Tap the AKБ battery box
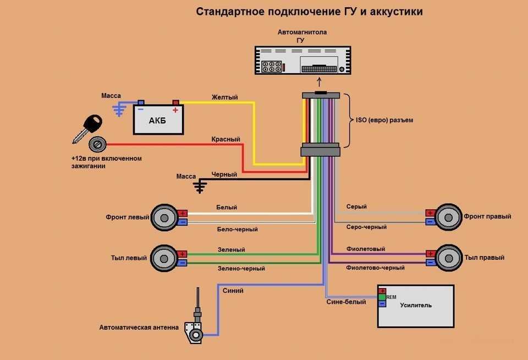(x=158, y=119)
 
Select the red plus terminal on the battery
(x=176, y=102)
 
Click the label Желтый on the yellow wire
(x=224, y=97)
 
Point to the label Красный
(x=226, y=139)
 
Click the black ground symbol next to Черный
(x=200, y=186)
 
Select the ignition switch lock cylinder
(x=97, y=145)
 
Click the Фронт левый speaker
(x=164, y=218)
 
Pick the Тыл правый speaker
(x=449, y=258)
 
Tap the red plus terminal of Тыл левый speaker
(x=182, y=254)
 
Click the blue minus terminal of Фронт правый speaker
(x=430, y=221)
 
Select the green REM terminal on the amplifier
(x=382, y=297)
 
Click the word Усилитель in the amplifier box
(x=416, y=305)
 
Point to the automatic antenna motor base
(x=194, y=332)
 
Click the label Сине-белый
(x=346, y=302)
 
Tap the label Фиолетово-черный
(x=375, y=268)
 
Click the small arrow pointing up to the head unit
(x=319, y=82)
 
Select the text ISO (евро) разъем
(x=384, y=120)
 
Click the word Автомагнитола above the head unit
(x=302, y=32)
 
